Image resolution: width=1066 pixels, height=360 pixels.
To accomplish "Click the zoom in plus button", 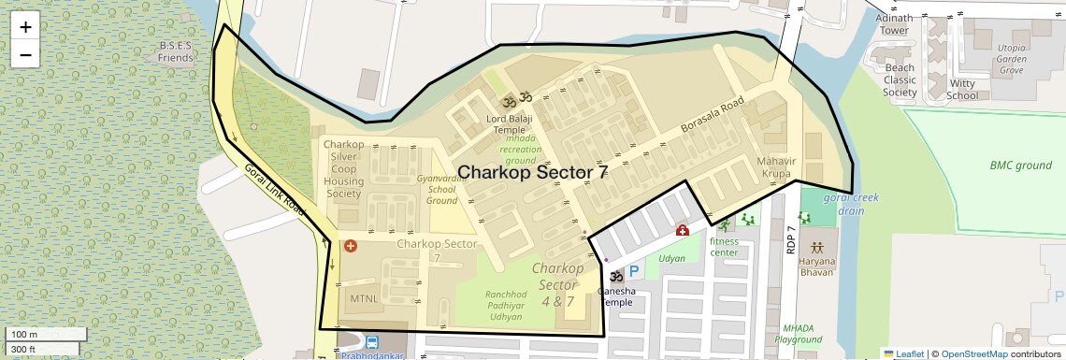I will click(x=25, y=27).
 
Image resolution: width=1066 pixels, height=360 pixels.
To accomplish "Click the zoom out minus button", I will click(x=25, y=54).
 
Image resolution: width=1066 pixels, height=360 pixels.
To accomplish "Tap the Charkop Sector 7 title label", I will click(x=532, y=172).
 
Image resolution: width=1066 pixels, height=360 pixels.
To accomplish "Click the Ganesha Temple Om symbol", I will click(x=616, y=277).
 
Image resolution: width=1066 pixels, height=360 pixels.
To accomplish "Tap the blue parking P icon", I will click(x=633, y=271).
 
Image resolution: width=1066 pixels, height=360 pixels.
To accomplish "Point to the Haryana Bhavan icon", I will click(x=817, y=248).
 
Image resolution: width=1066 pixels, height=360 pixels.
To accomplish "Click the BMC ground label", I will click(x=1020, y=166).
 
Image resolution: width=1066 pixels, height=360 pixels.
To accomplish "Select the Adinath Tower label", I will click(x=893, y=23).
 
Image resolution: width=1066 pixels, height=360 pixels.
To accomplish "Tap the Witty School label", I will click(x=962, y=89).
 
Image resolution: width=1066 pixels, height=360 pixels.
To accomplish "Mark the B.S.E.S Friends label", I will click(x=175, y=51).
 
